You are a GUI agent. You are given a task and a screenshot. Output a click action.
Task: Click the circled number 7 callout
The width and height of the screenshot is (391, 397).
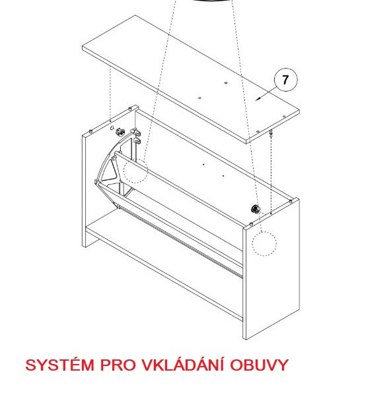pyautogui.click(x=285, y=80)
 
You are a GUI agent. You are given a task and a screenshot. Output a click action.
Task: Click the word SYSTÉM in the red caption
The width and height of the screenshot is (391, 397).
pyautogui.click(x=60, y=365)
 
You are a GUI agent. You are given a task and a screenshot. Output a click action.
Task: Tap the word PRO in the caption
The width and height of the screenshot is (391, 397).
pyautogui.click(x=118, y=365)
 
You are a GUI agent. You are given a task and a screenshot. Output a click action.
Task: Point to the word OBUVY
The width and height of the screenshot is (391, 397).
pyautogui.click(x=260, y=365)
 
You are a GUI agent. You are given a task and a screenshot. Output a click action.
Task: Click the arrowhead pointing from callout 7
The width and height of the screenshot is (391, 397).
pyautogui.click(x=258, y=99)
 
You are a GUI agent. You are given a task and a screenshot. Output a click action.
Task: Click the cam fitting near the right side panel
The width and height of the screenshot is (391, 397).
pyautogui.click(x=255, y=209)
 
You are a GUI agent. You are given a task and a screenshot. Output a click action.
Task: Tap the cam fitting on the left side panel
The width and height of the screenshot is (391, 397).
pyautogui.click(x=120, y=132)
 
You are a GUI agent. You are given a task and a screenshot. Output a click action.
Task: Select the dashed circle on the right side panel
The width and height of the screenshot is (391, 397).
pyautogui.click(x=264, y=243)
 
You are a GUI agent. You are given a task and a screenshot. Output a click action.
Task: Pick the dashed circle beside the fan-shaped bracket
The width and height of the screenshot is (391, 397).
pyautogui.click(x=135, y=171)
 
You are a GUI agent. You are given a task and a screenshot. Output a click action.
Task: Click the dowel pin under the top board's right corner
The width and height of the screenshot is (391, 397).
pyautogui.click(x=271, y=133)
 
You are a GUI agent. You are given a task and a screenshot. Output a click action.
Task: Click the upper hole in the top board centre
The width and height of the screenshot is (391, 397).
pyautogui.click(x=226, y=83)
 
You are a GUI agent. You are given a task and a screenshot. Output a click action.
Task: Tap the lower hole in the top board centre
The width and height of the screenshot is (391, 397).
pyautogui.click(x=200, y=98)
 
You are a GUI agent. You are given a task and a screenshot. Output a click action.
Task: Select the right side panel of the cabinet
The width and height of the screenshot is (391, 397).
pyautogui.click(x=271, y=268)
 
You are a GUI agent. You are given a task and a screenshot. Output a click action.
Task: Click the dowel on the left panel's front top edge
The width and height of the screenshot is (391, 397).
pyautogui.click(x=90, y=131)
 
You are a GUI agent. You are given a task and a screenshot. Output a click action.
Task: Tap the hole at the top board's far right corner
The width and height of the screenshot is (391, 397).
pyautogui.click(x=284, y=116)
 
